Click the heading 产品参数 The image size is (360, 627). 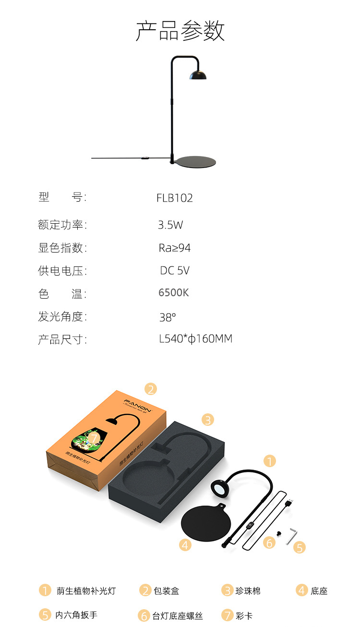point(180,31)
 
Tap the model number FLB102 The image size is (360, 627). point(174,198)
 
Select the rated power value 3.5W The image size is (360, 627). point(170,225)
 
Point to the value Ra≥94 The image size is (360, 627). point(174,248)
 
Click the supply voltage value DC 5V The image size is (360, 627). point(175,271)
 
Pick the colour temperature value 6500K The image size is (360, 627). point(174,293)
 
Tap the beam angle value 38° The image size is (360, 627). point(168,317)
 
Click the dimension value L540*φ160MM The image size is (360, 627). point(195,339)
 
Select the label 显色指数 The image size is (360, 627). point(62,248)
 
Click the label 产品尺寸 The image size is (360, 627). point(62,340)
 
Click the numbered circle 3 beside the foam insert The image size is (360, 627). point(207,420)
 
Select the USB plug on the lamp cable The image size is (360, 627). point(289,503)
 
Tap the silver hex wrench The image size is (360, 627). point(292,535)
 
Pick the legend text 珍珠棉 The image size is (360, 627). point(248,591)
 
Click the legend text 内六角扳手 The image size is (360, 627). point(76,615)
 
